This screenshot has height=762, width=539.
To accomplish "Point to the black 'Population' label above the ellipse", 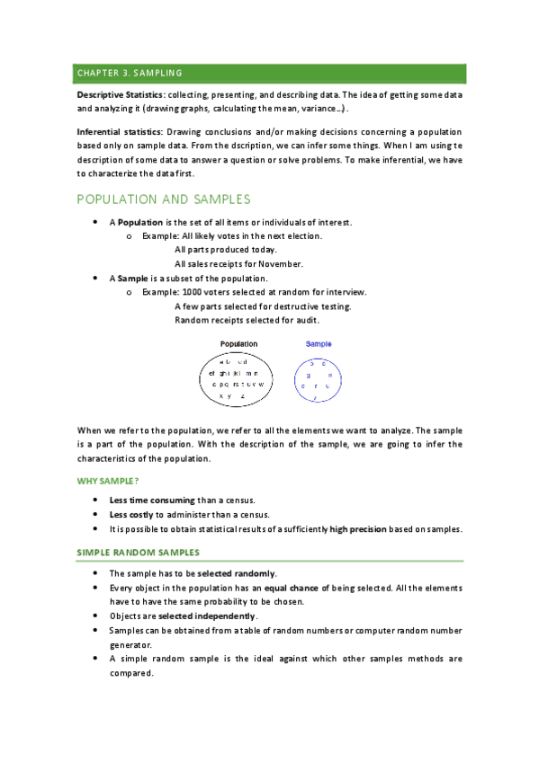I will click(238, 344).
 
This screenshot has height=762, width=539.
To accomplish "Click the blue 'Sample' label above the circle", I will click(319, 344).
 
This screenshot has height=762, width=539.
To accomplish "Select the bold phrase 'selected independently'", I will click(207, 616).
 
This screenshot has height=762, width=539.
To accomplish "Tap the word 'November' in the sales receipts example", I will click(281, 264).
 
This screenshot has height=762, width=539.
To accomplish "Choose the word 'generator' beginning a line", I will click(130, 644).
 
